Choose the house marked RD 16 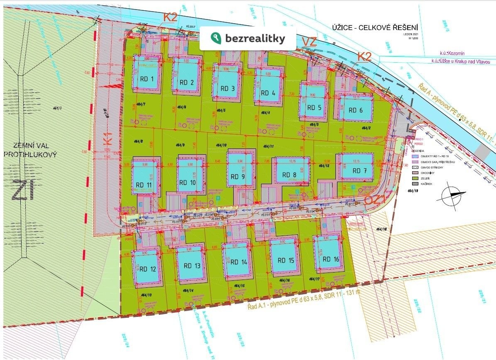(328, 255)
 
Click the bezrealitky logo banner (248, 39)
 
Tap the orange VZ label (309, 42)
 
